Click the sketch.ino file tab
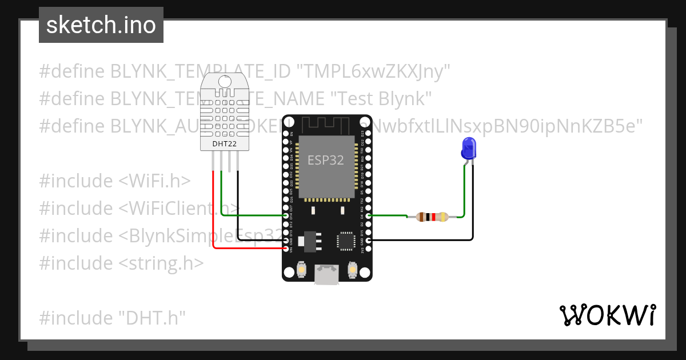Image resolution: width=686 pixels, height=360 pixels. click(x=101, y=25)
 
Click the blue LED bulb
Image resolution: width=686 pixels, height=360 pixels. click(x=468, y=148)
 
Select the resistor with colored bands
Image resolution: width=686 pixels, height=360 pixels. click(x=433, y=217)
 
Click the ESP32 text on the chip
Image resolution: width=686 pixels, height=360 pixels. click(x=326, y=160)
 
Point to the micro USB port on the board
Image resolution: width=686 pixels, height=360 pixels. click(x=326, y=275)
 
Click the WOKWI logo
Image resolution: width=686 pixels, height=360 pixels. click(x=607, y=315)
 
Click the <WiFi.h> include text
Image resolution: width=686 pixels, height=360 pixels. click(x=154, y=181)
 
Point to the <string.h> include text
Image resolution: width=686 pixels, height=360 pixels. click(x=161, y=263)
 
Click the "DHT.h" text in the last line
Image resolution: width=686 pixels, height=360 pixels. click(x=153, y=318)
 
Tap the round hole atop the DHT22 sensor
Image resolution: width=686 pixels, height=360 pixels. click(x=225, y=81)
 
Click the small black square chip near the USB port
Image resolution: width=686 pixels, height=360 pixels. click(x=346, y=241)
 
